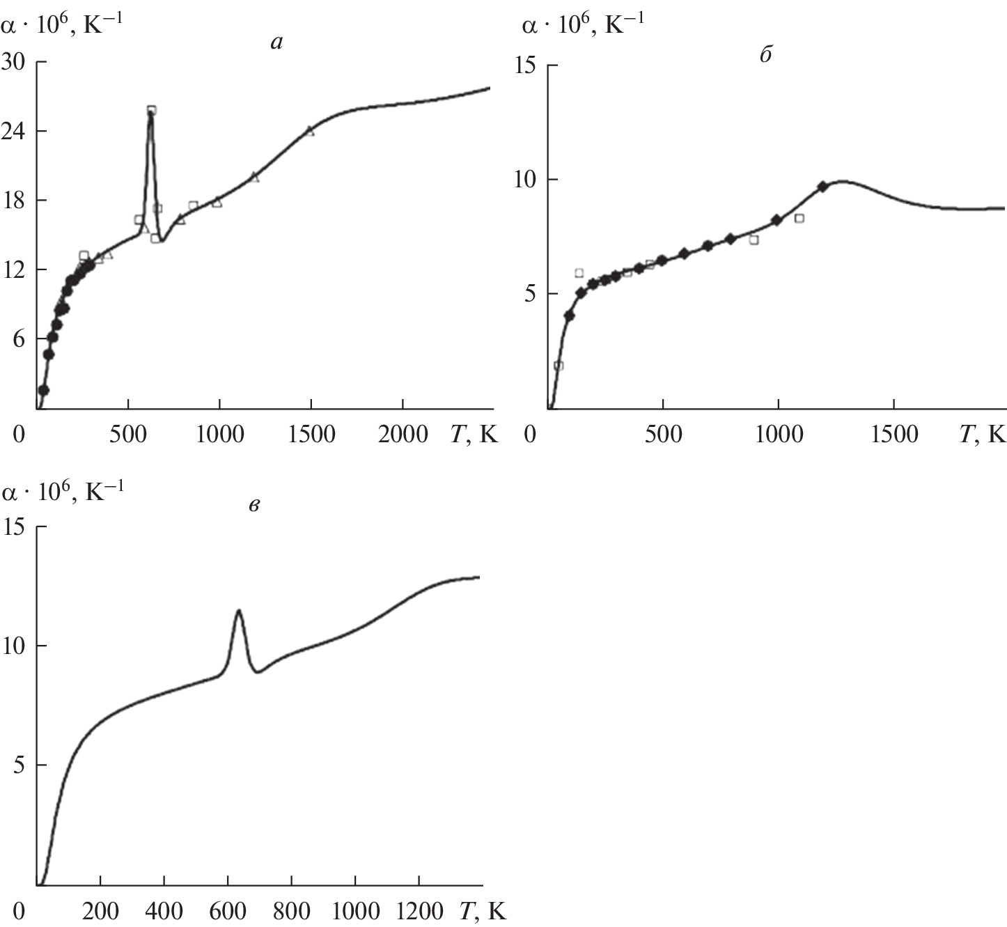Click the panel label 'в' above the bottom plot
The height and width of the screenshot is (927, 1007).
(254, 505)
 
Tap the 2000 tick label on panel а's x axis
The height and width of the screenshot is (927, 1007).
(402, 435)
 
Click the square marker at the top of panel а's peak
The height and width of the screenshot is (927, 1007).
(151, 110)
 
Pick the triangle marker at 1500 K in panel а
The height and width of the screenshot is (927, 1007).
(310, 131)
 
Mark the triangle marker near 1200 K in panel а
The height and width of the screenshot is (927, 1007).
(254, 178)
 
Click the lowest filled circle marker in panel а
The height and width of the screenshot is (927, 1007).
(43, 390)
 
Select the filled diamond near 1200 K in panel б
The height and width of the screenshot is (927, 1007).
(822, 187)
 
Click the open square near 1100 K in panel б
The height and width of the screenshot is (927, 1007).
(799, 218)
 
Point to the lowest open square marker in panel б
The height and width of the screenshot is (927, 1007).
(558, 366)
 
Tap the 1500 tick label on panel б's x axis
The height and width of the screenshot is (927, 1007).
(894, 435)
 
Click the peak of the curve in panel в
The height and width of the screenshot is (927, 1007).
(239, 611)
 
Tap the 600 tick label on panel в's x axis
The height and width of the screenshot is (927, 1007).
(228, 911)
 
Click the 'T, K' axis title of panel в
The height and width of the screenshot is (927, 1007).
(483, 911)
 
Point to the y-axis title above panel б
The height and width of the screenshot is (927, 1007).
(582, 24)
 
